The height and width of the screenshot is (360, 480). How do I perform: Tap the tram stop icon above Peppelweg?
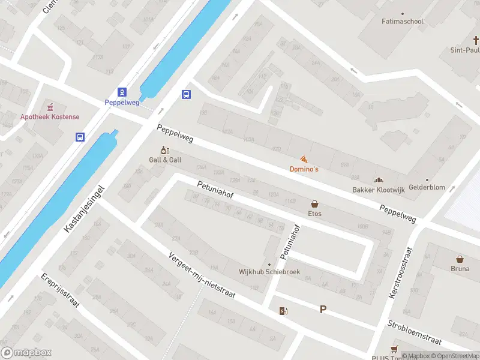122,92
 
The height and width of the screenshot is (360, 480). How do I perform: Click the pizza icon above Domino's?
304,159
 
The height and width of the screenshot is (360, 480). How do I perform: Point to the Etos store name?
314,214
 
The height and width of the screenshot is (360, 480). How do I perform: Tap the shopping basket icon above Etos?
314,204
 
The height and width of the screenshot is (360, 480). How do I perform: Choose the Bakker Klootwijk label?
379,190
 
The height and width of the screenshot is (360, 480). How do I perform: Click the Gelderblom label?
427,187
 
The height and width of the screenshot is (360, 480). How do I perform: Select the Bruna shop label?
460,269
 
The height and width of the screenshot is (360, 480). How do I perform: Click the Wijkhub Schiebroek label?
269,272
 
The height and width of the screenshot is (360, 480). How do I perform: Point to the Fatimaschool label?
403,22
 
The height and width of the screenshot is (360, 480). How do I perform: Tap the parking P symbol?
323,310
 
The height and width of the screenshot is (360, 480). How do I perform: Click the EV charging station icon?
283,310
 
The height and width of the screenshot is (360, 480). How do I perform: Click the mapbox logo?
26,353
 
